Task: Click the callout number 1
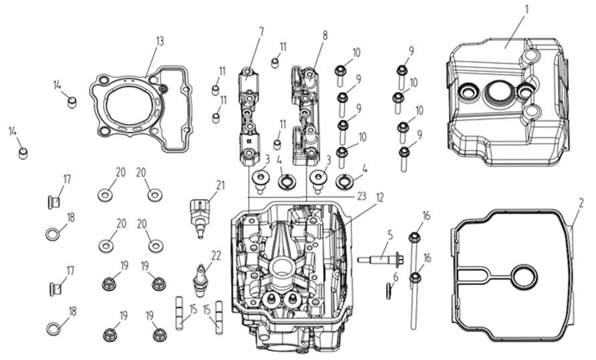(526, 9)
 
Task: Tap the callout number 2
(581, 201)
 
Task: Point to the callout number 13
(159, 41)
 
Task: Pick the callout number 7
(261, 31)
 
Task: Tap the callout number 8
(325, 34)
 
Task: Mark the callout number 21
(220, 185)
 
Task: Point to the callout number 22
(215, 254)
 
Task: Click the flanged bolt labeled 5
(380, 259)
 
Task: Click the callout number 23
(362, 195)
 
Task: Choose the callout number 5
(389, 236)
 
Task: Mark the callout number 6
(395, 276)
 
